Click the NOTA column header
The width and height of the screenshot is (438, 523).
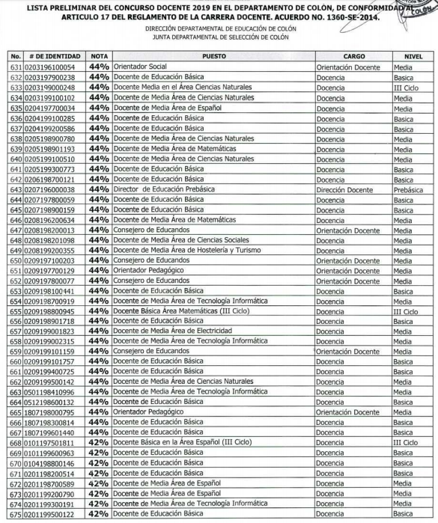[x=98, y=56]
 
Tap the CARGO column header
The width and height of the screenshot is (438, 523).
[x=353, y=56]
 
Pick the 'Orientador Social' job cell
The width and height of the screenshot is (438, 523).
[x=139, y=67]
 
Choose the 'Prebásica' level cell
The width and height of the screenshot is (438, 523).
[x=407, y=191]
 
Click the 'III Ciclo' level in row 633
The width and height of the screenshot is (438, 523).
[x=405, y=88]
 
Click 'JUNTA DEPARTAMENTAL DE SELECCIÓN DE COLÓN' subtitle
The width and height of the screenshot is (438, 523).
[x=219, y=34]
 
